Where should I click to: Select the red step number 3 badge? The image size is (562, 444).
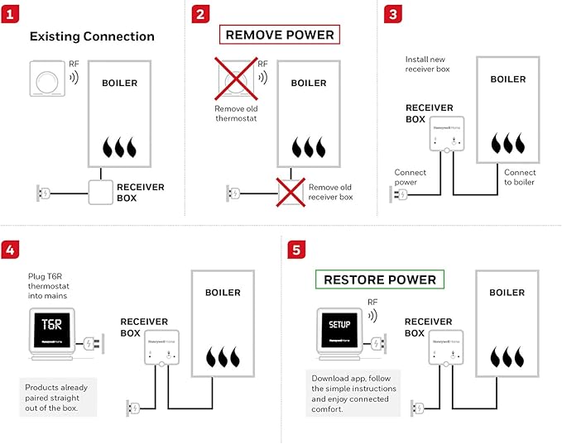click(394, 14)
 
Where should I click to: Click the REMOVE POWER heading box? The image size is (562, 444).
click(280, 35)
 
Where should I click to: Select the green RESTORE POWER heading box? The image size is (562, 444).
click(379, 279)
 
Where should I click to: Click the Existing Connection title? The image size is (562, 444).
click(92, 36)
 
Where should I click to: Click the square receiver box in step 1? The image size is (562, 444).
click(101, 193)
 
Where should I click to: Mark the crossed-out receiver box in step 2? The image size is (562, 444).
click(291, 193)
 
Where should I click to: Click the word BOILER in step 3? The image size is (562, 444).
click(507, 79)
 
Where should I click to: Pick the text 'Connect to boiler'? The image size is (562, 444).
click(519, 177)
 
